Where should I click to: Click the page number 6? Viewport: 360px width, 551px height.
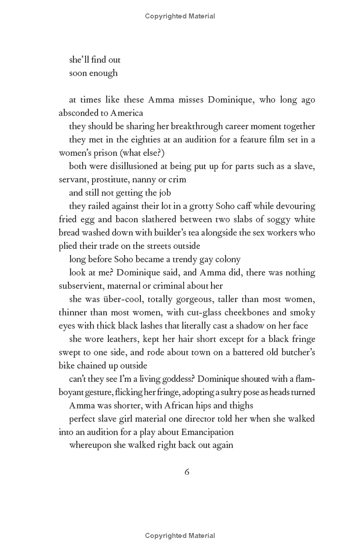tap(187, 472)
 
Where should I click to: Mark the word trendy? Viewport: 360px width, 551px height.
tap(184, 259)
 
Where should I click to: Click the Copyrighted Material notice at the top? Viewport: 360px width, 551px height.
tap(180, 16)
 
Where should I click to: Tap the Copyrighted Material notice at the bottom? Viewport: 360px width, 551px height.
tap(180, 536)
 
